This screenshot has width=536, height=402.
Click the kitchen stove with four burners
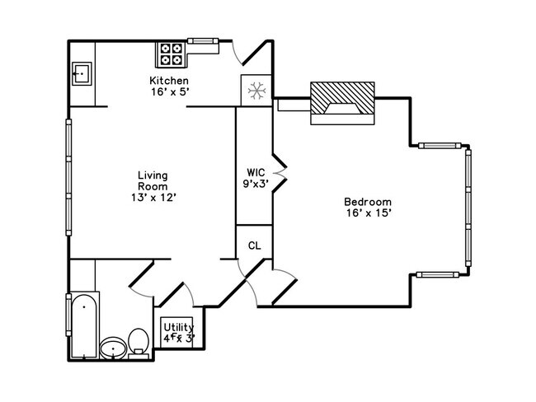172,54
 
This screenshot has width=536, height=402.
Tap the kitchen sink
82,73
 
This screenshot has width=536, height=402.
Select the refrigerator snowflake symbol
255,89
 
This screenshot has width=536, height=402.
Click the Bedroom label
367,202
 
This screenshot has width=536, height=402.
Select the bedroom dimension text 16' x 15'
367,213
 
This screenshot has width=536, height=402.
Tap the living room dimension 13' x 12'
153,197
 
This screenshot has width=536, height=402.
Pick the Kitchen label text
169,81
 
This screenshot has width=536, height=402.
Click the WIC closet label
254,173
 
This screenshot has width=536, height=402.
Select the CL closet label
254,245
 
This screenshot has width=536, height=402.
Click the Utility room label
178,327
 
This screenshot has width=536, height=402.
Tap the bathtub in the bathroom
82,325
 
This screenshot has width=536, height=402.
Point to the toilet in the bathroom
139,342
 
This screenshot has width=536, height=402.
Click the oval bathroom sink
113,350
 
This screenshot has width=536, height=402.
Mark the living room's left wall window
68,176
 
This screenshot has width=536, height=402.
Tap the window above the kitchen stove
202,40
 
